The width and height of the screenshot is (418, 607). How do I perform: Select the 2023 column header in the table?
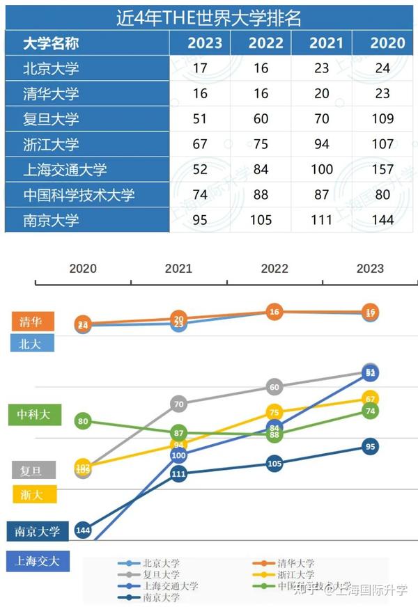click(205, 43)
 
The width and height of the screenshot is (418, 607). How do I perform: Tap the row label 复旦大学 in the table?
click(51, 119)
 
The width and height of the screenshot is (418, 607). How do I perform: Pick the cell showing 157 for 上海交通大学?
click(382, 170)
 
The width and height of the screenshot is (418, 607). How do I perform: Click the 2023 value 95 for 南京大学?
click(200, 221)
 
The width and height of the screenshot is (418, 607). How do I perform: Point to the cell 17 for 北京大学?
click(200, 69)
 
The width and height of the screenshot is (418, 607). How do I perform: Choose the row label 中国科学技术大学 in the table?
click(79, 196)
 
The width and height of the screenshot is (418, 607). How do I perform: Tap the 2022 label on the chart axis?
click(274, 269)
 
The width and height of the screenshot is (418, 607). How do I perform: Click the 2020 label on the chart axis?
click(83, 269)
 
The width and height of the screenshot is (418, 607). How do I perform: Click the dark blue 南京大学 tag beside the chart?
click(38, 531)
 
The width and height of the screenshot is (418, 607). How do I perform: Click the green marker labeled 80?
click(84, 421)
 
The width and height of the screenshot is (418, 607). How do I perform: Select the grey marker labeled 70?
click(179, 404)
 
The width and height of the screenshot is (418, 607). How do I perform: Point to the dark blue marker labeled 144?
click(84, 530)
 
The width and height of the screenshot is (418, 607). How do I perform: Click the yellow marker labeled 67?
click(371, 399)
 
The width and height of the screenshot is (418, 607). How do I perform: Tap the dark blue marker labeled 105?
click(274, 464)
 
